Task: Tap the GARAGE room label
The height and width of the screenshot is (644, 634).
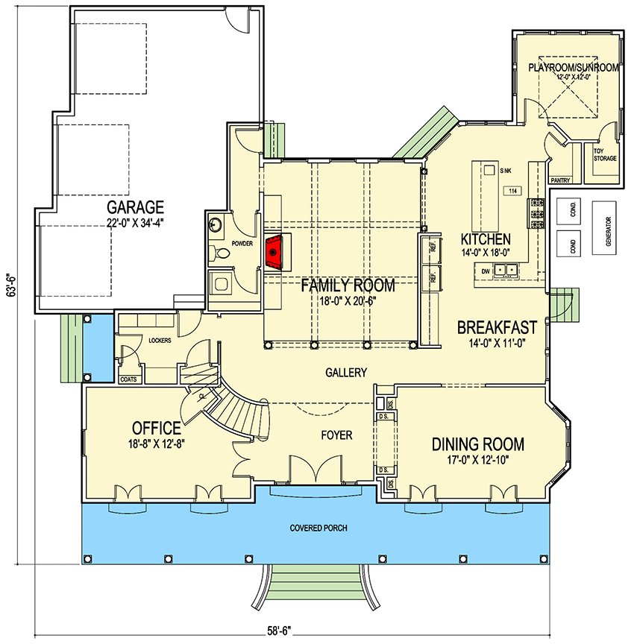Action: click(x=135, y=206)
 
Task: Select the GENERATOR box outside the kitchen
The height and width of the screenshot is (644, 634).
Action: click(x=608, y=231)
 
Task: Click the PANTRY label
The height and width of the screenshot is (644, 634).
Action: click(x=559, y=180)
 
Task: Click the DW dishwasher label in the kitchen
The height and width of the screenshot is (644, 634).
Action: click(x=485, y=271)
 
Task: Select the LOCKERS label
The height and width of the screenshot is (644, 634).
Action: click(x=160, y=341)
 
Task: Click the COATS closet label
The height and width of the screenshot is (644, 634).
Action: click(x=128, y=379)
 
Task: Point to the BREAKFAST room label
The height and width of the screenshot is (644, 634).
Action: click(x=498, y=326)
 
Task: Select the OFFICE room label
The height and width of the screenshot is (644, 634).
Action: click(x=157, y=428)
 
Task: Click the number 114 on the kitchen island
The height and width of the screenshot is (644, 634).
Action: click(x=512, y=192)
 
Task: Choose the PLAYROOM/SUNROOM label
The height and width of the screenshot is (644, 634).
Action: click(x=574, y=67)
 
